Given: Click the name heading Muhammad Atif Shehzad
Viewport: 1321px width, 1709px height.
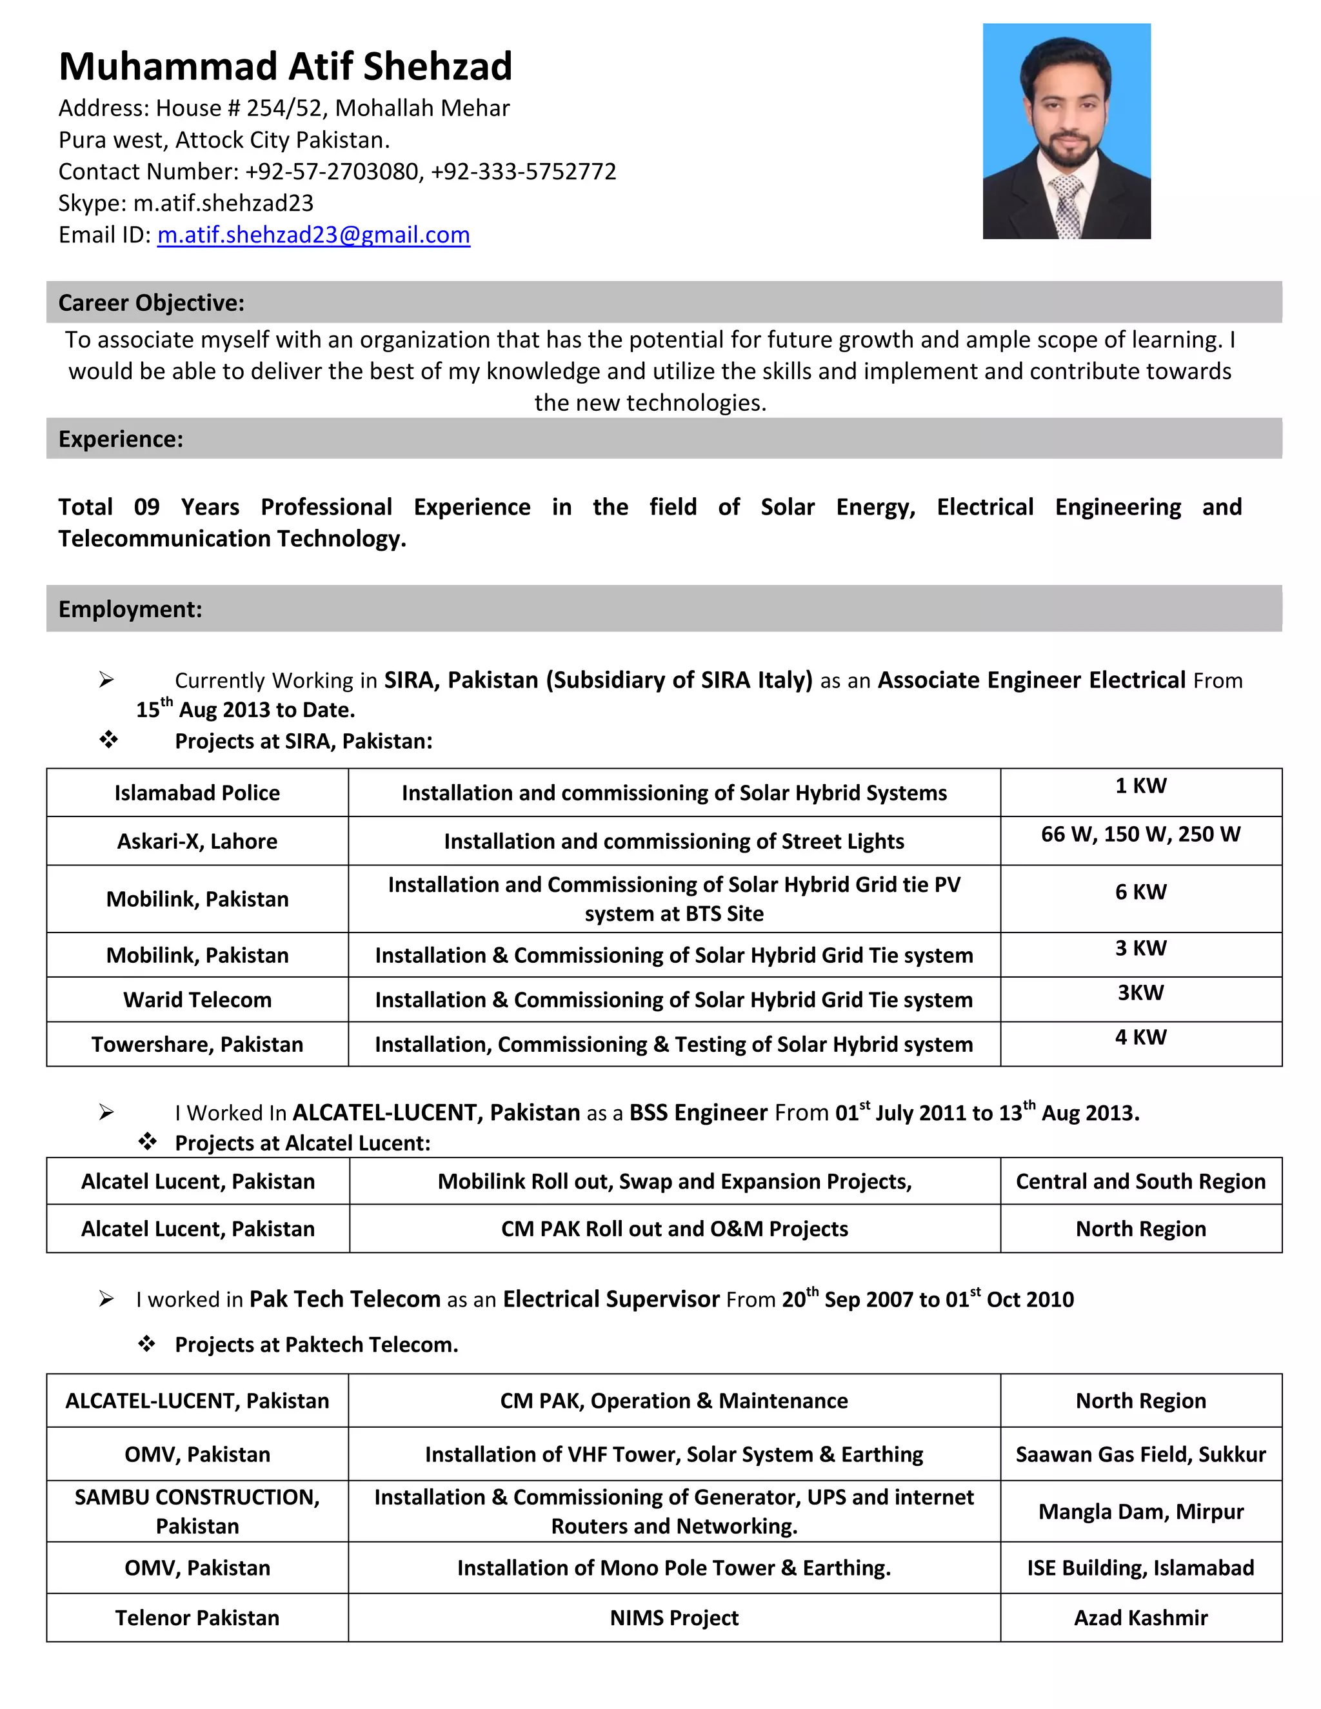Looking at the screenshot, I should [285, 66].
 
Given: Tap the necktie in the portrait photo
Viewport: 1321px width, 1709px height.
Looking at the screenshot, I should [1067, 206].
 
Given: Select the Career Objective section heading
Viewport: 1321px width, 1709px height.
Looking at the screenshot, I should [151, 303].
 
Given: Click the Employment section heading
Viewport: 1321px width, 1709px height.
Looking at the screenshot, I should [130, 609].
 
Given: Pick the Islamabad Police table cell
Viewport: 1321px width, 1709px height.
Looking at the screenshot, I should [197, 793].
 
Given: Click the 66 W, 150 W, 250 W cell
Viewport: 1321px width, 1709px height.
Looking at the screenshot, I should [1140, 834].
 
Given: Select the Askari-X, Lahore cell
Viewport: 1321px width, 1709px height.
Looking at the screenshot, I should [197, 841].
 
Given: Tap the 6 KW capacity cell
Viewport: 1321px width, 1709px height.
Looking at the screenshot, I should [1140, 892].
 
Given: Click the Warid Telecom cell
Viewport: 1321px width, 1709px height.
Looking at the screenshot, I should [197, 1000].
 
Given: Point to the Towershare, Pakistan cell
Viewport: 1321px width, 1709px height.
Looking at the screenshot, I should [197, 1045].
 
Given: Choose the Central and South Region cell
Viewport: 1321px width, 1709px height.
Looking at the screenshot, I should [1140, 1181].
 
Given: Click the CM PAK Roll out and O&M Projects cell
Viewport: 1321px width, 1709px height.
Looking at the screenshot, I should [674, 1229].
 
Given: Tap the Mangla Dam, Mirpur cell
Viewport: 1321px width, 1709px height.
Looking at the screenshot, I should [1140, 1511].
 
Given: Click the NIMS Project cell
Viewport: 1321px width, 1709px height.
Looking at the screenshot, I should [674, 1617].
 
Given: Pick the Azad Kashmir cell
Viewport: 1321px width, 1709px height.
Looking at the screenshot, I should [1140, 1617].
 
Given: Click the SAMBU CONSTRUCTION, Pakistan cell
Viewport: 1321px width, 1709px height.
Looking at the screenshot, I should [197, 1511].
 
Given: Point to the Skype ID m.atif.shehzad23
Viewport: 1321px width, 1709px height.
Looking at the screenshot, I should [223, 203].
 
